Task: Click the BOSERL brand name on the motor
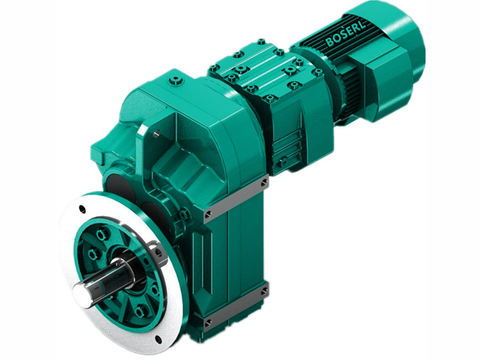pos(347,34)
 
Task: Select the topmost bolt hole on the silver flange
pos(82,209)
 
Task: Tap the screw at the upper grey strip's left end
pos(208,214)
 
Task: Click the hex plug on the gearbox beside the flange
pos(185,214)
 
